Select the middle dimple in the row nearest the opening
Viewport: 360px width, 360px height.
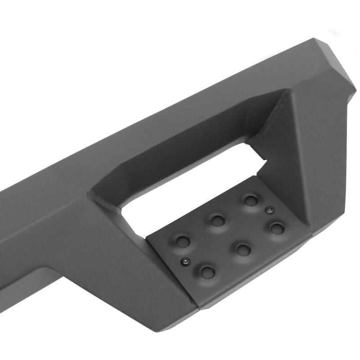point(216,220)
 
